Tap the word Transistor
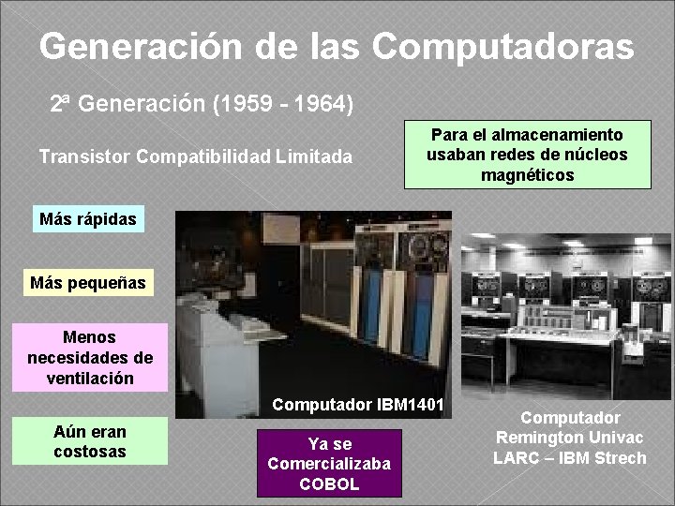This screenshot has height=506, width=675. (x=83, y=156)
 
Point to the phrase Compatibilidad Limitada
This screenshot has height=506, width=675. (x=244, y=156)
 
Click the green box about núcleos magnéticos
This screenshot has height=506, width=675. (x=527, y=155)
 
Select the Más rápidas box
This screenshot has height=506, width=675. (x=88, y=219)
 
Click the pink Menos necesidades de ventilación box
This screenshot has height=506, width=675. (x=90, y=357)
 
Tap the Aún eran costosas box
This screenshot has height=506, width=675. (x=90, y=441)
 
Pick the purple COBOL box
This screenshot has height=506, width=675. (x=329, y=463)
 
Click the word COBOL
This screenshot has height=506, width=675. (x=329, y=484)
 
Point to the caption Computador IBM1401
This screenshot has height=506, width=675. (x=359, y=406)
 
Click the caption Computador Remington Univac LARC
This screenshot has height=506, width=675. (x=570, y=438)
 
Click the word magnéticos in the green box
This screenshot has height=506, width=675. (x=527, y=175)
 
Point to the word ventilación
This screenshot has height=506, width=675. (x=90, y=379)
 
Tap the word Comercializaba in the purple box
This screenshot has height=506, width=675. (x=329, y=464)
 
